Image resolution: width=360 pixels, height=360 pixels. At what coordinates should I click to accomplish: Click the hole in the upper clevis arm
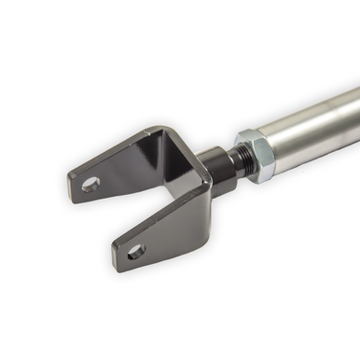90,184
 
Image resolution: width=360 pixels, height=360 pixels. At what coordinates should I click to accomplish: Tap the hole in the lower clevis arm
136,250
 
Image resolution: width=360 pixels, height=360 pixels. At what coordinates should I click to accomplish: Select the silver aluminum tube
317,131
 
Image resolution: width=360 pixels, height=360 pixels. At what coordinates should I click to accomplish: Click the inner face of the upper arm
131,168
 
